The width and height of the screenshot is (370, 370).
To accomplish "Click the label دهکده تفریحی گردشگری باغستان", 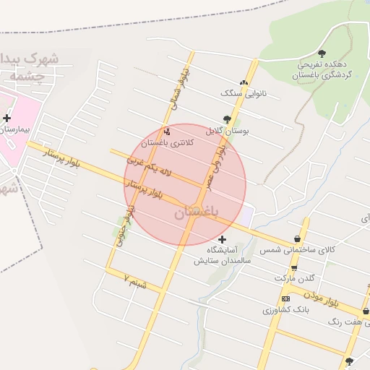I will [322, 69].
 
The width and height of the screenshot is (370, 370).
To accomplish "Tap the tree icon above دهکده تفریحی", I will [322, 53].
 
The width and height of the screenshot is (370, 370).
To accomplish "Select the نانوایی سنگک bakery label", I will [244, 94].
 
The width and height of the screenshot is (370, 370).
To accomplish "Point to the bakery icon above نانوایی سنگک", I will [244, 82].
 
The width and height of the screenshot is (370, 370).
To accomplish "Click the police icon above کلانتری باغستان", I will [168, 132].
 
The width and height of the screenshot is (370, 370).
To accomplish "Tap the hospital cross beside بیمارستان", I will [7, 118].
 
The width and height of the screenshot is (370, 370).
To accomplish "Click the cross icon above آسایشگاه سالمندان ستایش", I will [221, 239].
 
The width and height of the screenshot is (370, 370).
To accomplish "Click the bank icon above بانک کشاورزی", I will [285, 298].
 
